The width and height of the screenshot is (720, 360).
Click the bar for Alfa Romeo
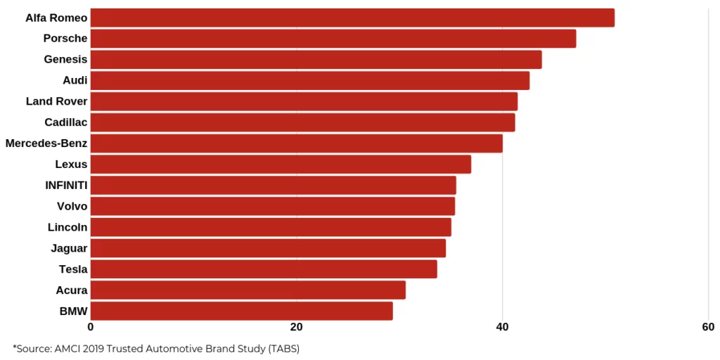[352, 18]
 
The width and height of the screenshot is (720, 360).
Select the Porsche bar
[333, 39]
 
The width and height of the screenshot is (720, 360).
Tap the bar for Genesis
[316, 60]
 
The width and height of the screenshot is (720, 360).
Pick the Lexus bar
[281, 165]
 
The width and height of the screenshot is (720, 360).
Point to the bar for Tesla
[264, 269]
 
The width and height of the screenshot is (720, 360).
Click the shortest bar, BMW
[241, 311]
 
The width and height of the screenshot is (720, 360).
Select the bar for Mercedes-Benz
[296, 143]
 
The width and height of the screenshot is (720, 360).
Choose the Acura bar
[247, 290]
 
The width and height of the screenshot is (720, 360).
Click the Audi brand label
[75, 80]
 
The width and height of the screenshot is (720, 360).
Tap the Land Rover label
[56, 101]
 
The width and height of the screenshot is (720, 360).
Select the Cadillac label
[65, 122]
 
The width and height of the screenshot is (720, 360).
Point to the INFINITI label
[66, 186]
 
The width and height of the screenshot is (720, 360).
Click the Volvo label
[72, 206]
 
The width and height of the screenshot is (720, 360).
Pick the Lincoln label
[67, 227]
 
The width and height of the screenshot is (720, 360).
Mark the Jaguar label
[69, 248]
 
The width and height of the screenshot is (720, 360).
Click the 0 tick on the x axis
[91, 327]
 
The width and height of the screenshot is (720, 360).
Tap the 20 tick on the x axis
[296, 327]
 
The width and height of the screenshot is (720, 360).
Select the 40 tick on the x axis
[502, 327]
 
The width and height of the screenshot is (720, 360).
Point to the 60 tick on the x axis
[708, 327]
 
